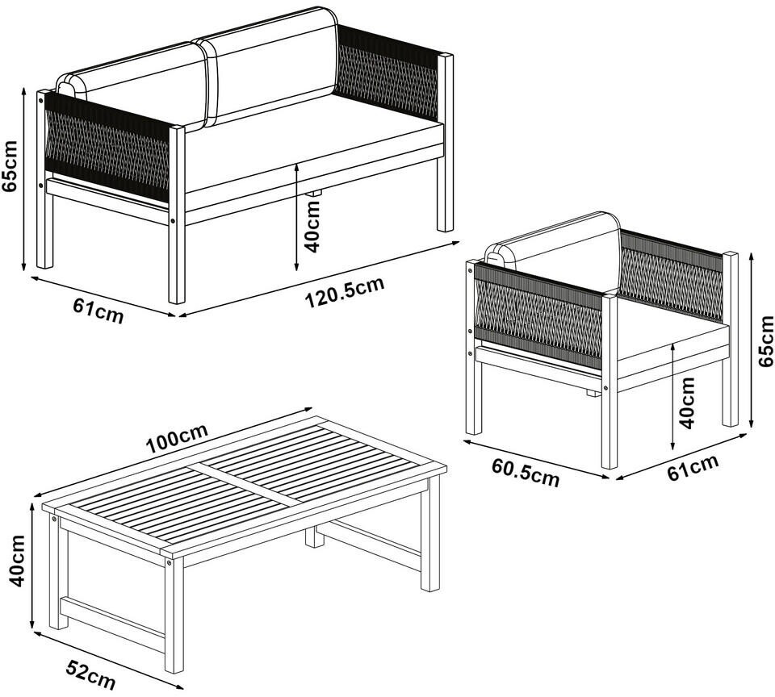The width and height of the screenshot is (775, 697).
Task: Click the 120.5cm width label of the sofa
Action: point(345,293)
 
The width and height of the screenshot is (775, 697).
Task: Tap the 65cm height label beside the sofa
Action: point(10,165)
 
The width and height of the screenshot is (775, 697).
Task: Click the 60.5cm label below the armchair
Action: point(526,473)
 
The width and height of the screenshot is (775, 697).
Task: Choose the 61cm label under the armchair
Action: point(693,467)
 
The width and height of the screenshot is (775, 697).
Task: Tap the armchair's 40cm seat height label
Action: point(686,403)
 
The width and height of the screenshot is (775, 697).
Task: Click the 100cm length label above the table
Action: point(177,439)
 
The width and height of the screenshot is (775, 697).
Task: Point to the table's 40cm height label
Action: point(17,561)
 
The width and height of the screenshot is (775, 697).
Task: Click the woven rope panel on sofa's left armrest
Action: point(107,146)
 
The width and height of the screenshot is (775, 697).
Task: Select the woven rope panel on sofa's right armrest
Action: point(387,73)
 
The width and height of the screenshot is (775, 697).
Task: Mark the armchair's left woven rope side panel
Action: point(538,315)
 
